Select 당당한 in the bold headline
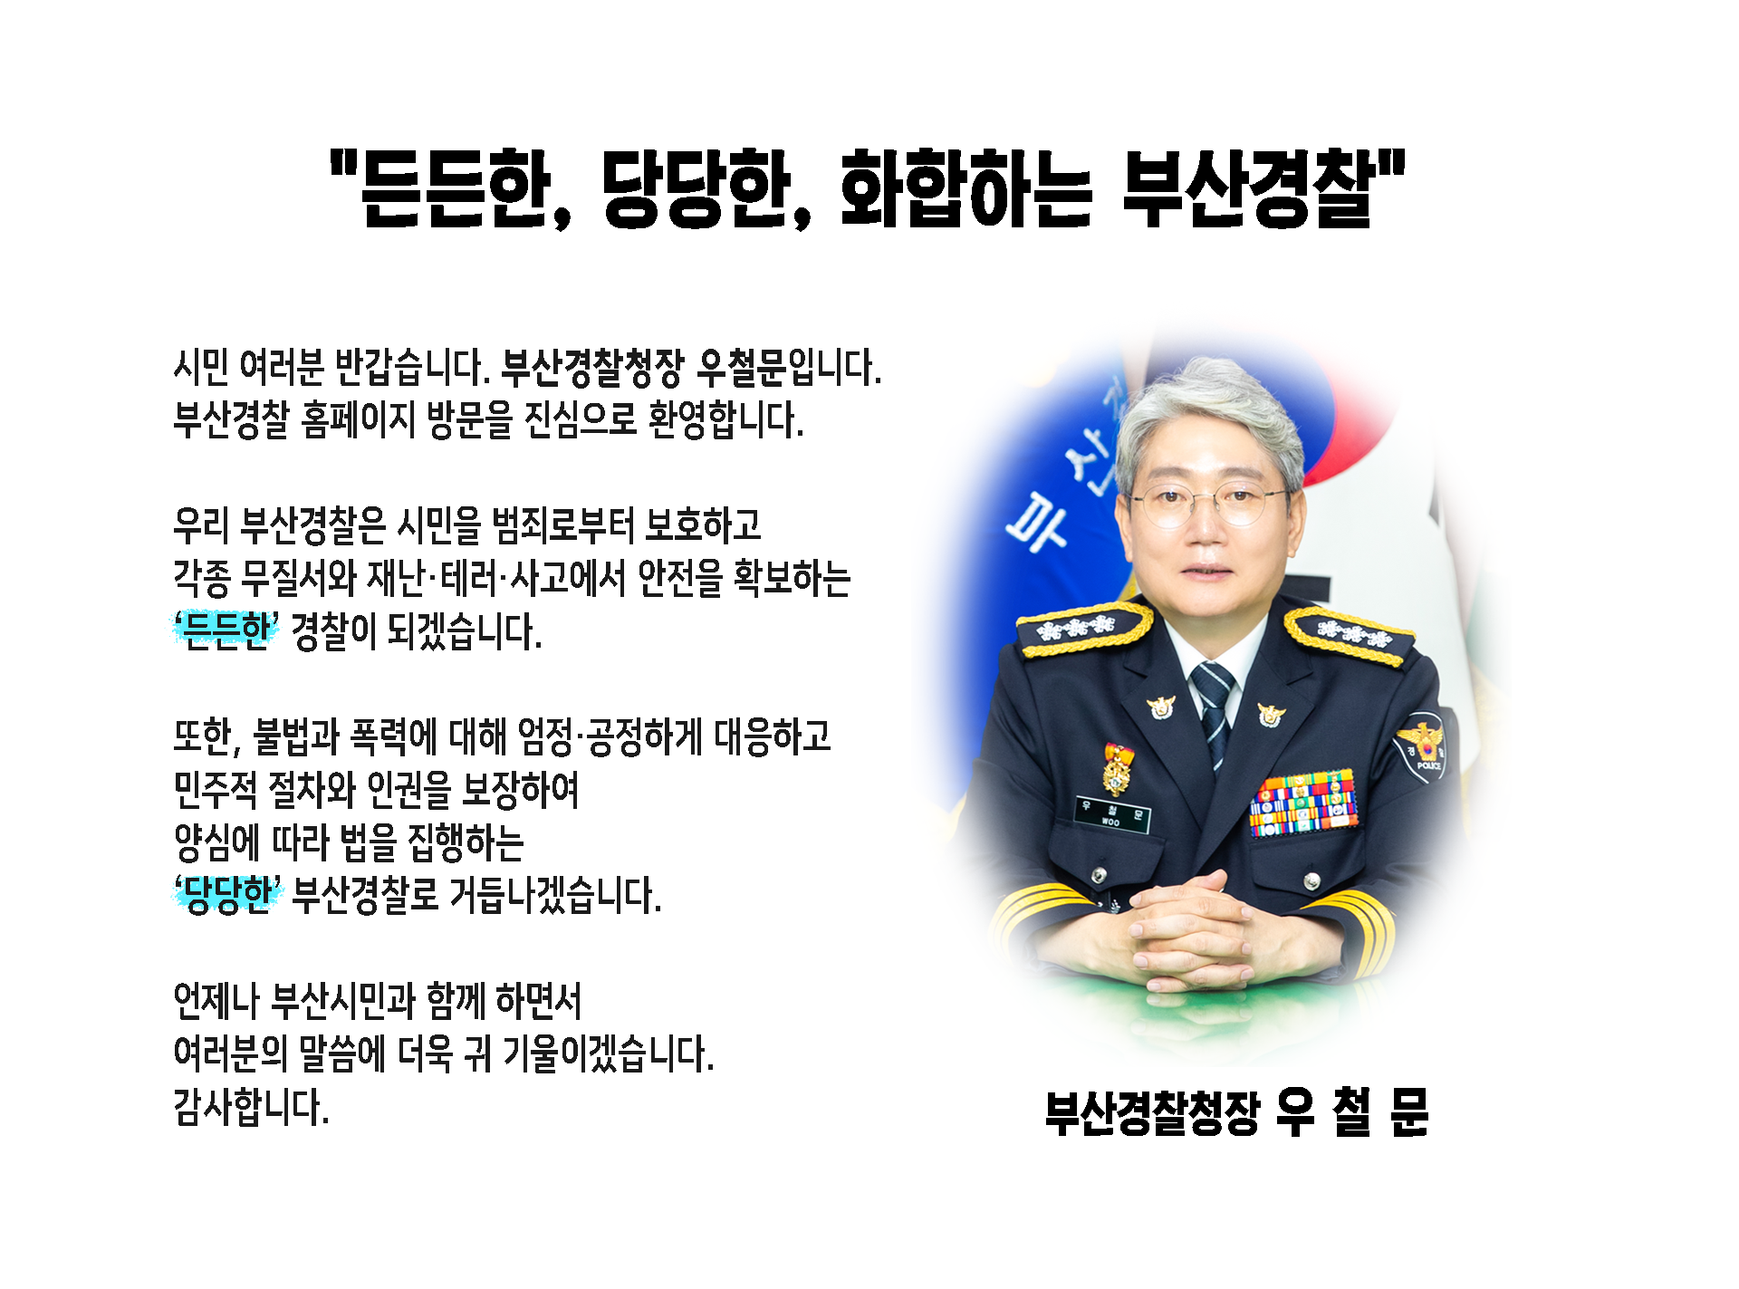[x=696, y=189]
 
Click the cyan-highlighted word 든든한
[x=226, y=630]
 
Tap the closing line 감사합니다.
[x=251, y=1106]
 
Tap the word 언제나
[x=216, y=1001]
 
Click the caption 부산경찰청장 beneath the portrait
[x=1152, y=1112]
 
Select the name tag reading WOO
[x=1112, y=813]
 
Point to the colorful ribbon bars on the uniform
[x=1303, y=803]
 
